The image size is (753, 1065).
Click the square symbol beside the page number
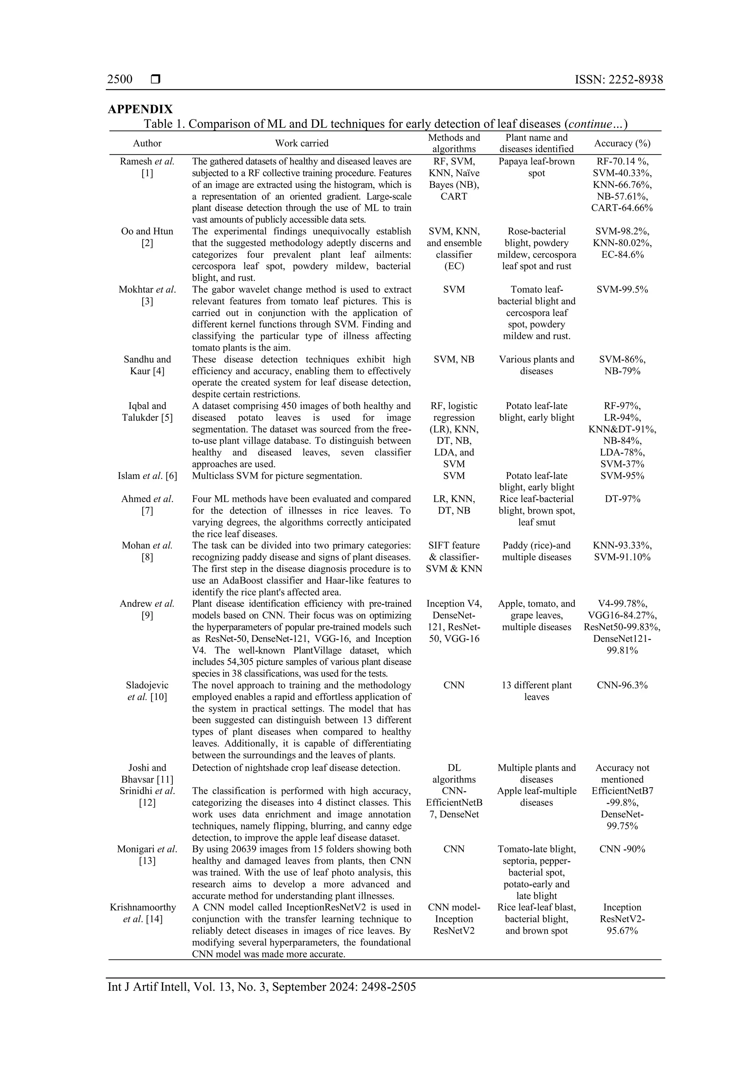click(156, 79)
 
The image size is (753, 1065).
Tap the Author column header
click(147, 143)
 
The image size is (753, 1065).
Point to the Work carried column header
click(301, 143)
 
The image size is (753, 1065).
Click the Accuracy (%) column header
click(622, 143)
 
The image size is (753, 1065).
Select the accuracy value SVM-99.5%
click(622, 289)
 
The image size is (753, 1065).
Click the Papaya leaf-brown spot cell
click(536, 167)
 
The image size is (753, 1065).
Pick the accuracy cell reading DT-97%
click(622, 499)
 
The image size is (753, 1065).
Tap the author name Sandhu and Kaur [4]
click(147, 365)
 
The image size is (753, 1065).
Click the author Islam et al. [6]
click(147, 476)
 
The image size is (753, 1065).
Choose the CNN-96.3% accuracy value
click(622, 685)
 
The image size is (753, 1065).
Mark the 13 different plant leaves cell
click(536, 691)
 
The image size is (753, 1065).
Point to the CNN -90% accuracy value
click(622, 849)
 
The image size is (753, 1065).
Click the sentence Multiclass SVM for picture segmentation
click(277, 476)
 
